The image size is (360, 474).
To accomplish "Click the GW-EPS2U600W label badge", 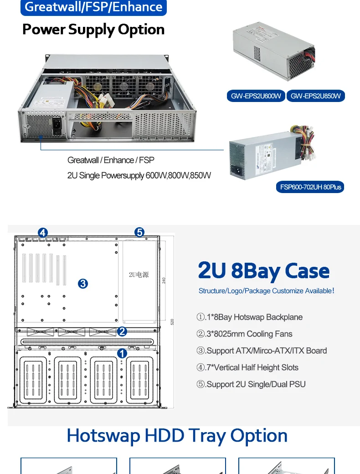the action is click(x=256, y=96).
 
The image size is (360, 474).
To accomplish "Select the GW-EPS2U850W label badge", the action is click(x=316, y=96).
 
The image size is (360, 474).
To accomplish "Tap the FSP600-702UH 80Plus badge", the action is click(x=310, y=187).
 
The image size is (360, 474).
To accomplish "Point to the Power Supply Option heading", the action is click(x=93, y=30).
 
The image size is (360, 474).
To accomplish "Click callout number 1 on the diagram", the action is click(x=122, y=353).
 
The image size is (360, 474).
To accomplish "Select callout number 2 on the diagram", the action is click(x=122, y=331).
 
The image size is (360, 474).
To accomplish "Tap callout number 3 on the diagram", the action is click(x=82, y=283).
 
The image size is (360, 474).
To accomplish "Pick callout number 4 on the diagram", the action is click(x=42, y=233).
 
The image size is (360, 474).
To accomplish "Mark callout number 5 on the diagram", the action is click(x=139, y=233).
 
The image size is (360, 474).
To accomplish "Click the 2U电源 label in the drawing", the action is click(x=139, y=275).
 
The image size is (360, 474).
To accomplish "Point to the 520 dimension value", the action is click(x=172, y=321).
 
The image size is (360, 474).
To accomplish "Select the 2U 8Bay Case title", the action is click(x=263, y=270).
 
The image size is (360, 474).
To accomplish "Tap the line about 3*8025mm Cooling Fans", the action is click(x=244, y=334).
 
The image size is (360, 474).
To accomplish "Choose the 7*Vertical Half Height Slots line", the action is click(x=247, y=367).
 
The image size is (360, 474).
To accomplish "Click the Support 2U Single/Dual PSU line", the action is click(x=251, y=384).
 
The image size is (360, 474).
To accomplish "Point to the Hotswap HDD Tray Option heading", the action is click(x=177, y=436).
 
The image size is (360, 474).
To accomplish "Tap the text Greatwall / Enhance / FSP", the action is click(x=111, y=160).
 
